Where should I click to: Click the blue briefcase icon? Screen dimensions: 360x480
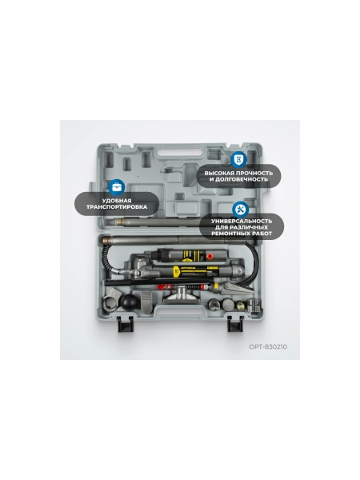[x=116, y=186]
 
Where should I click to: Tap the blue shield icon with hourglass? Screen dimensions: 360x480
[x=238, y=159]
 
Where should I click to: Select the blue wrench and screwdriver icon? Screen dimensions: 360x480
[x=241, y=210]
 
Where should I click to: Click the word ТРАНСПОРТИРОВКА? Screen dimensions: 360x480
[x=117, y=207]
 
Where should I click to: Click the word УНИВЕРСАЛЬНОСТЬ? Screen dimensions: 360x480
[x=242, y=221]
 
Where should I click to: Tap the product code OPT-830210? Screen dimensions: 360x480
[x=268, y=346]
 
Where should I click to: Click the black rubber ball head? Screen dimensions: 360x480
[x=129, y=302]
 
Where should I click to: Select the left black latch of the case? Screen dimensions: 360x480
[x=126, y=324]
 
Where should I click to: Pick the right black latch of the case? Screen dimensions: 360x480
[x=235, y=324]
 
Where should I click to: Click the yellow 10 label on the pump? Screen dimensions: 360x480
[x=176, y=271]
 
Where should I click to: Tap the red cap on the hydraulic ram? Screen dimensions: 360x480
[x=210, y=256]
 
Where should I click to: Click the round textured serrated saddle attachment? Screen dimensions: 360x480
[x=228, y=304]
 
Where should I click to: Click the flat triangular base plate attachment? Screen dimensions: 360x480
[x=182, y=297]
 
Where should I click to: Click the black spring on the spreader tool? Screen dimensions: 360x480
[x=195, y=287]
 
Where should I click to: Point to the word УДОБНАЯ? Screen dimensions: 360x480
[x=117, y=201]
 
